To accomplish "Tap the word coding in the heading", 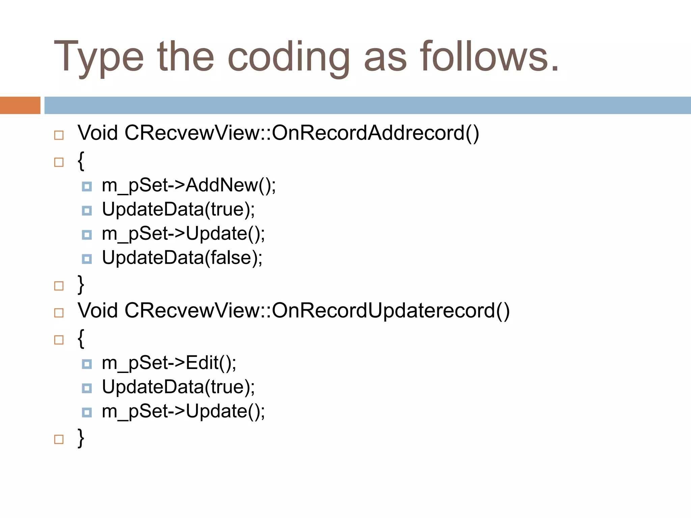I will coord(288,57).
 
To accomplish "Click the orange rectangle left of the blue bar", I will coord(20,105).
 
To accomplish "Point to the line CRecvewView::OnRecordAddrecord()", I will coord(302,133).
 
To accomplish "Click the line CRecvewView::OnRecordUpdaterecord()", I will coord(317,311).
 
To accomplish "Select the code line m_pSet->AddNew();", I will coord(189,185).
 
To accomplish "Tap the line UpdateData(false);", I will coord(182,258).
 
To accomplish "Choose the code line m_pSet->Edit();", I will coord(169,363).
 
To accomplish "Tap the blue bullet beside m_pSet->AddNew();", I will coord(87,186).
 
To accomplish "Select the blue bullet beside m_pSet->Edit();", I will coord(87,364).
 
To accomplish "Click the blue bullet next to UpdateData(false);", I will coord(87,259).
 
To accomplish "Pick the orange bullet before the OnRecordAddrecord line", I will coord(59,135).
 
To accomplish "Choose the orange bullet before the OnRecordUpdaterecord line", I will coord(59,313).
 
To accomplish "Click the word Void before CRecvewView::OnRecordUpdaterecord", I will coord(98,311).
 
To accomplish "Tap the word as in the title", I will coord(385,57).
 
